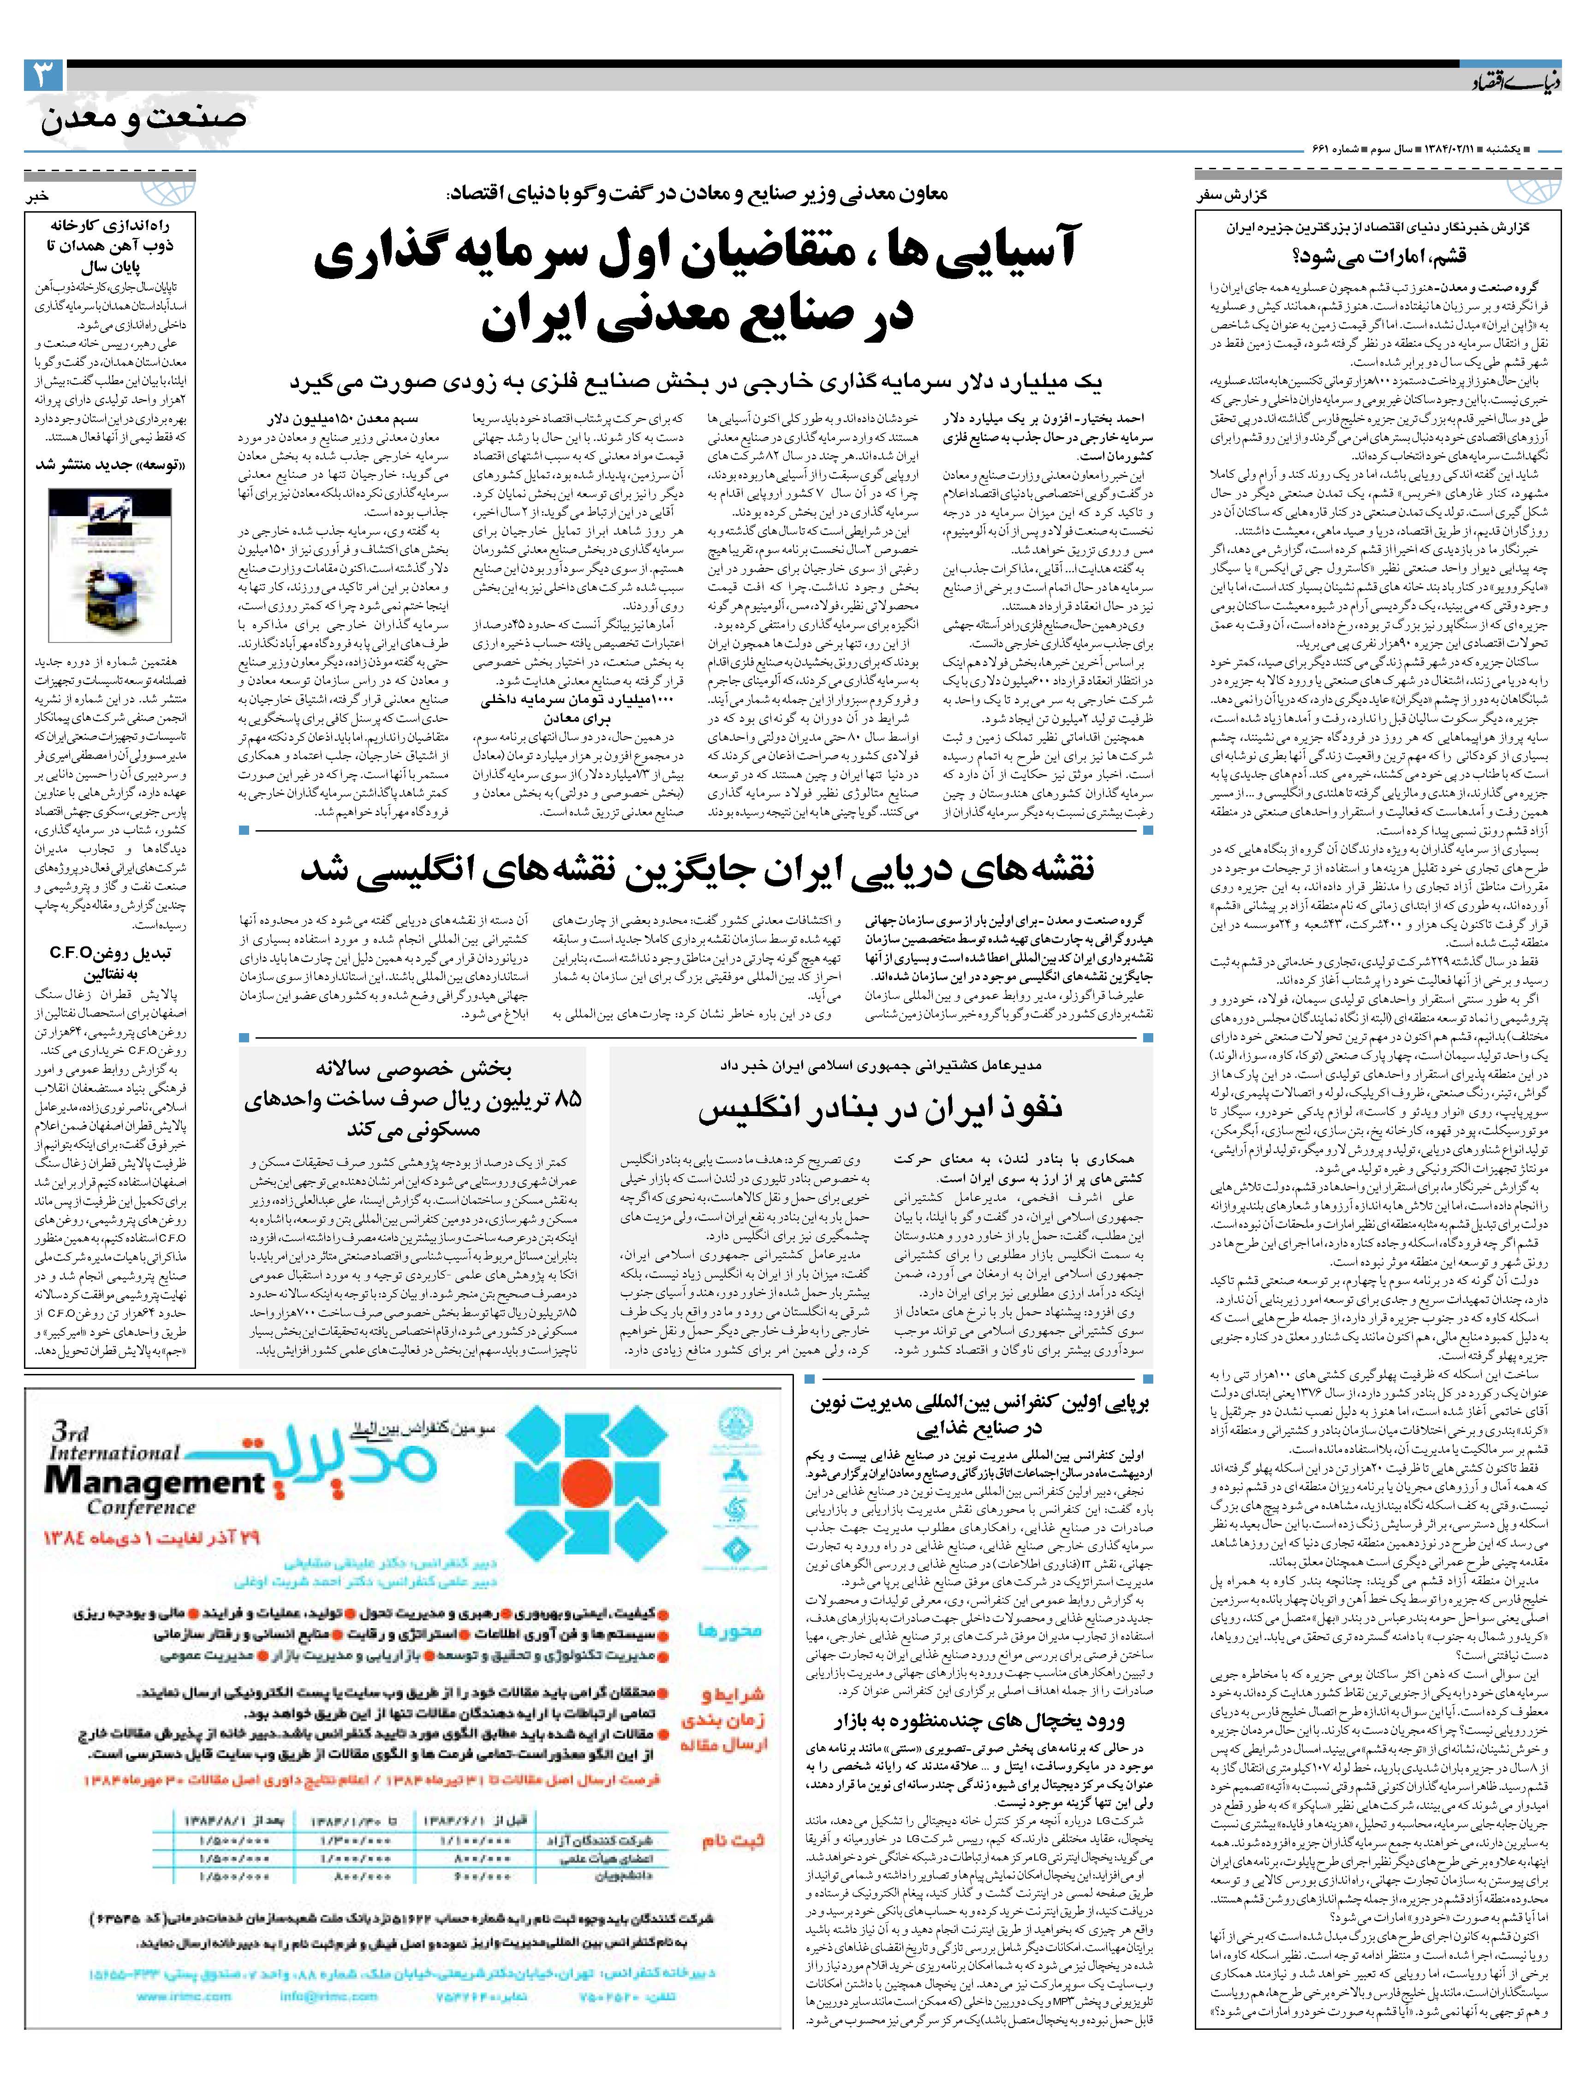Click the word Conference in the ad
coord(142,1508)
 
